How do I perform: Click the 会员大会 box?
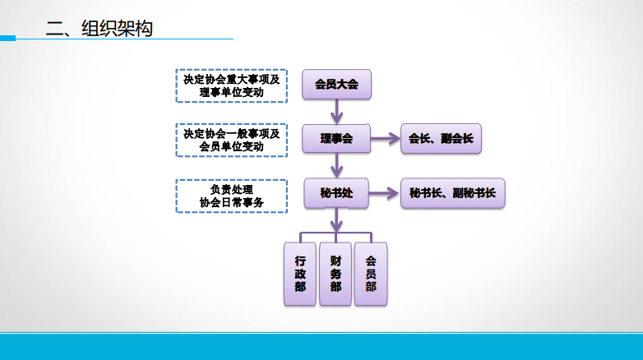[336, 84]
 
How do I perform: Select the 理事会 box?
[336, 139]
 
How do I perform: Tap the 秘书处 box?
[336, 193]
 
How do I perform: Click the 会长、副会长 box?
[441, 139]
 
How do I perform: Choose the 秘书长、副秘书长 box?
[452, 193]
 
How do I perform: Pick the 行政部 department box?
[300, 274]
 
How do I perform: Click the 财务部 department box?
[335, 274]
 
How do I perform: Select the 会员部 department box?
[371, 274]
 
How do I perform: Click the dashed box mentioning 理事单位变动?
[231, 85]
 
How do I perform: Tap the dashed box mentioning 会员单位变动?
[231, 140]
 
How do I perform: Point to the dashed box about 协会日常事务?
[231, 196]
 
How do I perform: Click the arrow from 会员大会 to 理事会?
[336, 111]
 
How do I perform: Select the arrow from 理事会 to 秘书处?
[336, 165]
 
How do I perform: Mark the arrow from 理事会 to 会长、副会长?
[385, 139]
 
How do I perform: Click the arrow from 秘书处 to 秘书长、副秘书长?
[384, 194]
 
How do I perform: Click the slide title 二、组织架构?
[99, 29]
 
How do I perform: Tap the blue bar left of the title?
[7, 37]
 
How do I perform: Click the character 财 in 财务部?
[335, 261]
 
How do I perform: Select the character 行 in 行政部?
[300, 261]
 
